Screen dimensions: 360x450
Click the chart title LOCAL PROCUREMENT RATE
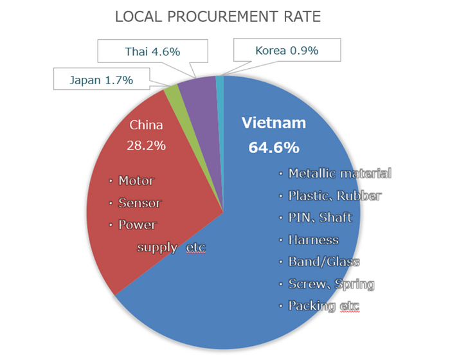[x=217, y=17]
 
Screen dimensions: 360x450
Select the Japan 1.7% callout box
[x=102, y=80]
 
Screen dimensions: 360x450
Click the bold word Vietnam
[x=273, y=123]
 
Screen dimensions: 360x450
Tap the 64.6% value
[x=273, y=148]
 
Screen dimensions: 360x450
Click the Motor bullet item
[x=136, y=181]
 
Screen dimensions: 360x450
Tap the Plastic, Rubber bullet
[x=334, y=195]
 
